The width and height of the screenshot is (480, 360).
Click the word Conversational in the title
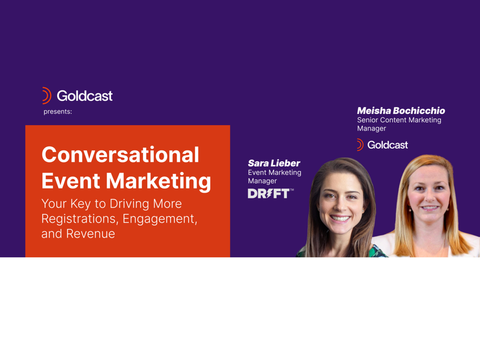tap(120, 155)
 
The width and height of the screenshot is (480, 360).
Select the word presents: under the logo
tap(58, 112)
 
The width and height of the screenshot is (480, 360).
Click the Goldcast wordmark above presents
tap(85, 96)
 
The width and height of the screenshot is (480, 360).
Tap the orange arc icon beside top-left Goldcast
tap(46, 95)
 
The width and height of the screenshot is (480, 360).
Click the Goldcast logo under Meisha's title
tap(382, 145)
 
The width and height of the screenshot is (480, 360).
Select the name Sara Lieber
tap(274, 163)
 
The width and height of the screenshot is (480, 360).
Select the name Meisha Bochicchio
tap(401, 111)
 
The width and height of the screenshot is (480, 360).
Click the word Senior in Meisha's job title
tap(368, 120)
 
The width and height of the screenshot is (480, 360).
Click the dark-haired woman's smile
tap(340, 219)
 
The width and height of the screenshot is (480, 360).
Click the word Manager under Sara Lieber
tap(262, 181)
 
